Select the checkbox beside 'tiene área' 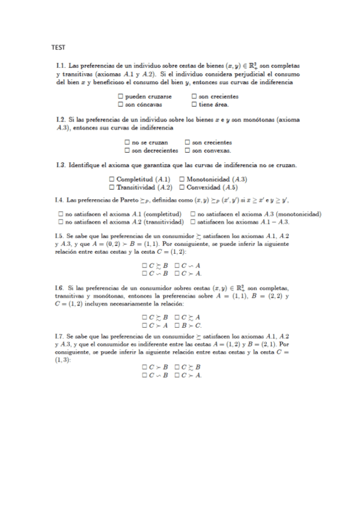[194, 104]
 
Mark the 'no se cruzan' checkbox [127, 142]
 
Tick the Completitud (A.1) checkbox [112, 179]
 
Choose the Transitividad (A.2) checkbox [112, 187]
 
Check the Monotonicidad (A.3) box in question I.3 [182, 179]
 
